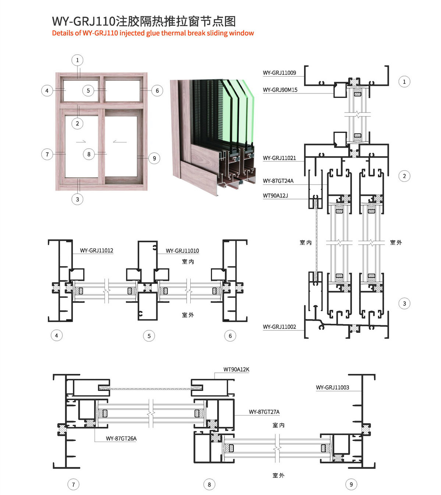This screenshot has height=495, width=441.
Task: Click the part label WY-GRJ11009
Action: coord(279,73)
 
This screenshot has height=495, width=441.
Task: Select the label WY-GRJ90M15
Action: coord(280,90)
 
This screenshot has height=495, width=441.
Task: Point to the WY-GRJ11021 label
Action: coord(279,158)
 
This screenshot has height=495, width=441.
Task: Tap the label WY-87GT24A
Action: coord(278,181)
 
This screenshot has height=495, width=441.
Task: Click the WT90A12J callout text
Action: coord(275,196)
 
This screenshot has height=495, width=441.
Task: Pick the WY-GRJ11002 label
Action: coord(279,327)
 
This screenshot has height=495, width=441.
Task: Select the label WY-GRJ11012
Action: coord(96,251)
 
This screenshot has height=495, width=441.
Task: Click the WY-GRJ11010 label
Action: coord(182,251)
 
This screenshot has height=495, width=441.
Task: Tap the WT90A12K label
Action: coord(236,370)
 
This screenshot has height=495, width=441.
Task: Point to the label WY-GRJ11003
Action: coord(332,388)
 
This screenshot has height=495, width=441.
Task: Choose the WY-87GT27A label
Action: coord(264,412)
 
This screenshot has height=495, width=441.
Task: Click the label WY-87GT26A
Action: coord(121,439)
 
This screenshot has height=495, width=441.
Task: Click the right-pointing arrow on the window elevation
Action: coord(81,141)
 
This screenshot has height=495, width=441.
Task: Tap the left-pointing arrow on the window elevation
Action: coord(120,141)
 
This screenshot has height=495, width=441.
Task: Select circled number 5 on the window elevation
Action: coord(88,91)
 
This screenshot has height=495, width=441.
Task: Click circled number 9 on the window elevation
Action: coord(154,159)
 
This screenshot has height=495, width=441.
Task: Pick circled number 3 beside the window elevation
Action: coord(77,199)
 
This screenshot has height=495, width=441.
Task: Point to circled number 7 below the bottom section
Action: coord(73,485)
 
